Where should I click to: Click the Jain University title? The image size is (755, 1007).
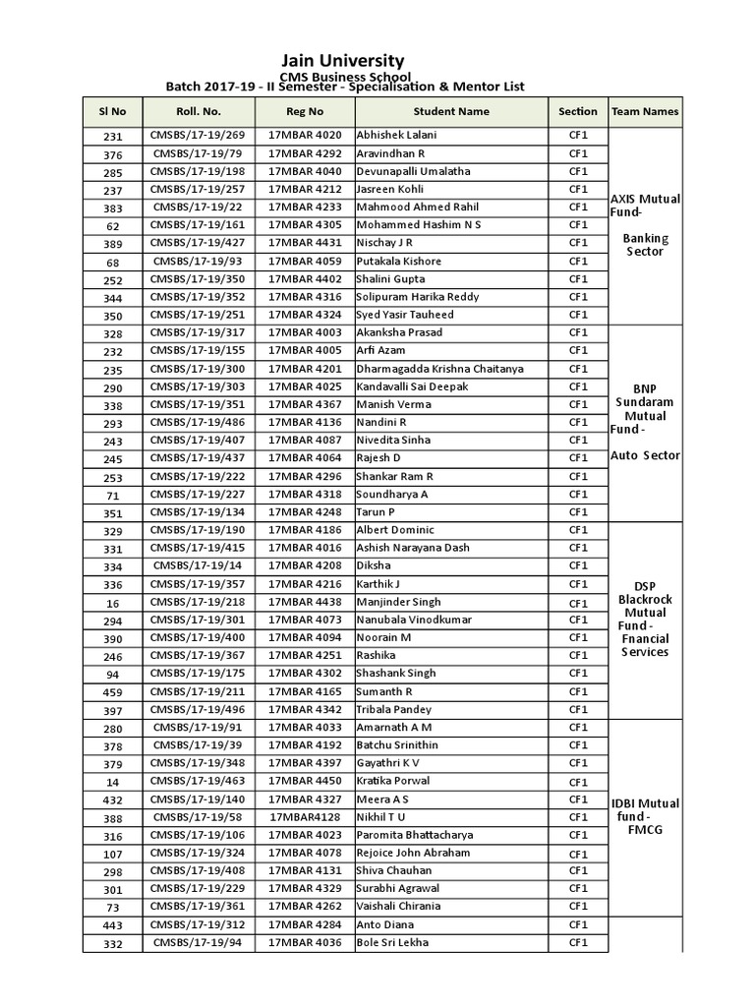pyautogui.click(x=342, y=61)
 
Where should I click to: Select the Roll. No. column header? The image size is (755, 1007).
pyautogui.click(x=199, y=111)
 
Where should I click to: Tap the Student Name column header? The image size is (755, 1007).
pyautogui.click(x=451, y=111)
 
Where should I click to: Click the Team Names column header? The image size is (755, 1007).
pyautogui.click(x=645, y=111)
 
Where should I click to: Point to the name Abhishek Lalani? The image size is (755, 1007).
pyautogui.click(x=396, y=135)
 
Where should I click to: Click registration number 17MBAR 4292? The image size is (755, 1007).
pyautogui.click(x=305, y=153)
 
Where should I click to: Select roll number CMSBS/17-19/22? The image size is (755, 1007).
pyautogui.click(x=199, y=207)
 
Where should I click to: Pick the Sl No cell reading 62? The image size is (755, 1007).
pyautogui.click(x=113, y=226)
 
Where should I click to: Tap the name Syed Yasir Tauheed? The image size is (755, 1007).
pyautogui.click(x=405, y=315)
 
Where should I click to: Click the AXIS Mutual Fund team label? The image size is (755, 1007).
pyautogui.click(x=645, y=206)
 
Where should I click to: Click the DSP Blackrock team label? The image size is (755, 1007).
pyautogui.click(x=645, y=619)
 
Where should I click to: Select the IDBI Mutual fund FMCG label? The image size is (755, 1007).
pyautogui.click(x=645, y=816)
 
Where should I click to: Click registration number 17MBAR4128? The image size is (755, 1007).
pyautogui.click(x=305, y=817)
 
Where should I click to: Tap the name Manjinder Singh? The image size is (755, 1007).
pyautogui.click(x=398, y=602)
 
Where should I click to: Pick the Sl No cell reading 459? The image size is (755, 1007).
pyautogui.click(x=113, y=692)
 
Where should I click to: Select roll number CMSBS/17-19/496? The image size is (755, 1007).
pyautogui.click(x=199, y=710)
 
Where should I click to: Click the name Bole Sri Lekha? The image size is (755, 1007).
pyautogui.click(x=392, y=943)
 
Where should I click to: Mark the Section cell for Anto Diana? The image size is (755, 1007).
pyautogui.click(x=578, y=924)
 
